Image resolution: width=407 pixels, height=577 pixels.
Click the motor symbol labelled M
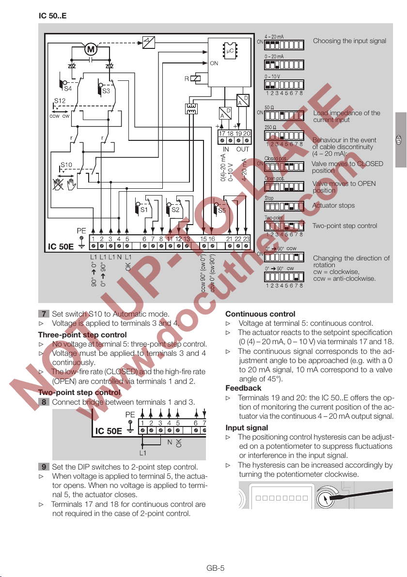[x=91, y=49]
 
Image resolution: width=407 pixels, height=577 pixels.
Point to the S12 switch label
[x=59, y=102]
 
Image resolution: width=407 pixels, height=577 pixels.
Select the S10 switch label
[x=66, y=165]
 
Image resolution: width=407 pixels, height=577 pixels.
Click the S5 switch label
[x=222, y=211]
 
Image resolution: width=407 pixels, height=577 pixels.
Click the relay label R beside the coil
[x=187, y=78]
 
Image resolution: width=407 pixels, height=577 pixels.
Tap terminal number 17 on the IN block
[x=222, y=133]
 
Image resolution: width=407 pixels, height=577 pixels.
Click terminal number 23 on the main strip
[x=246, y=239]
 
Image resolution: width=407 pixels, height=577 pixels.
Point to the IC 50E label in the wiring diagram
[x=61, y=246]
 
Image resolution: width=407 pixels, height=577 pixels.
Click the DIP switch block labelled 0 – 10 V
[x=283, y=84]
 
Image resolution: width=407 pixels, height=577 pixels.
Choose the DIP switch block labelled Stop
[x=283, y=205]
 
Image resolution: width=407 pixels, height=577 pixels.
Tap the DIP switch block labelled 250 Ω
[x=283, y=135]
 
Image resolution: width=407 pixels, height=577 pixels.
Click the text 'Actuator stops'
[x=333, y=206]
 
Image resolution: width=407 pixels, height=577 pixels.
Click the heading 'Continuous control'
[x=260, y=314]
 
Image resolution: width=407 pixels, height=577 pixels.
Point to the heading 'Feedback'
[x=243, y=388]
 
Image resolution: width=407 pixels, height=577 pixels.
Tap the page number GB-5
[x=215, y=568]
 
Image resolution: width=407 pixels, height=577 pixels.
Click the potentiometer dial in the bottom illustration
[x=323, y=498]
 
